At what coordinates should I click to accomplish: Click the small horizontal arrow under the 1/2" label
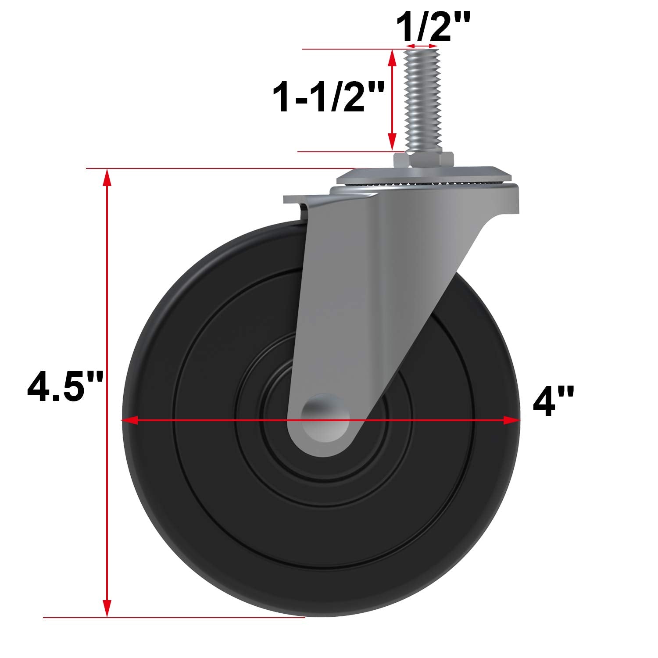point(422,46)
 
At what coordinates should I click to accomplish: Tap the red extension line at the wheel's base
point(175,618)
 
